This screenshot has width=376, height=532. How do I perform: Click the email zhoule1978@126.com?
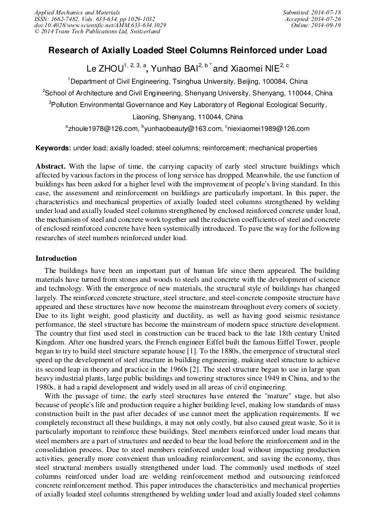[x=103, y=129]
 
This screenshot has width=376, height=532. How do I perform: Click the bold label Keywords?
[x=53, y=148]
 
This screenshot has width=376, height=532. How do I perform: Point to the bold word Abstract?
[x=50, y=166]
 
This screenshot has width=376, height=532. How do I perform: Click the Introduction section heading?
[x=56, y=259]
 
